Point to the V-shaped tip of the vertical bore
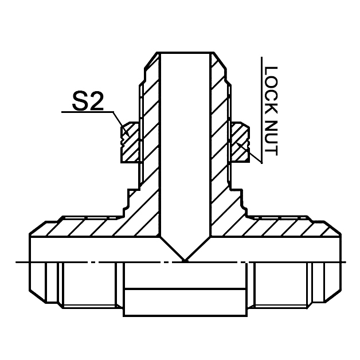[x=185, y=259]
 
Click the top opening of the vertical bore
[x=185, y=55]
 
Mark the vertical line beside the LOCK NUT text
[x=261, y=109]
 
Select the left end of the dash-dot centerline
[x=18, y=263]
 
